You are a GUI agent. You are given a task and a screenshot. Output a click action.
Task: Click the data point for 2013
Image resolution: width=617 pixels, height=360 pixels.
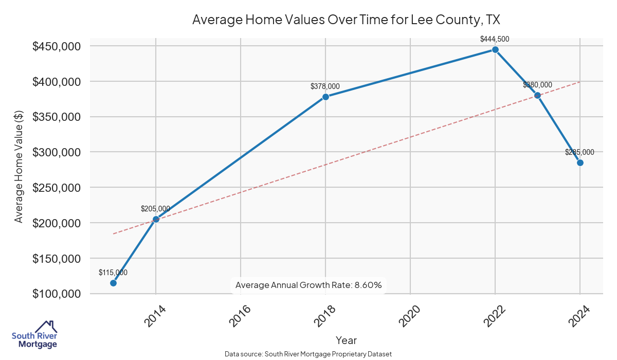point(113,283)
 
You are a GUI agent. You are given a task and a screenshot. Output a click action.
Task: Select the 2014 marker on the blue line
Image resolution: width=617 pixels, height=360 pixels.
point(156,219)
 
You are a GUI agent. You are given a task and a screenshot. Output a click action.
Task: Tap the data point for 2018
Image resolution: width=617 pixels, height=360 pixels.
point(325,97)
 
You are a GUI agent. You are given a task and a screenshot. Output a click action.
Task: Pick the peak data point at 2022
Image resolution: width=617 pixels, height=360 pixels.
point(495,49)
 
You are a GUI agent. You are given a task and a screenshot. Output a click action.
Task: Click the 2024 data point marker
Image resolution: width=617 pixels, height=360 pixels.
point(580,163)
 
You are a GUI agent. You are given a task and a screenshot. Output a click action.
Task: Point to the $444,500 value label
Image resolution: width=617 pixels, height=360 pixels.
point(495,39)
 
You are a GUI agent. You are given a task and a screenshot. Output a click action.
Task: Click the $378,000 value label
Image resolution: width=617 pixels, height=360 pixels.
point(325,86)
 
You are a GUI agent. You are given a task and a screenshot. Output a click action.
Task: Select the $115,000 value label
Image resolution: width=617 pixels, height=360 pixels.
point(113,273)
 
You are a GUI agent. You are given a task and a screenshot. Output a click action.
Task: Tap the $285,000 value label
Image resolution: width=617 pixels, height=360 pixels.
point(579,152)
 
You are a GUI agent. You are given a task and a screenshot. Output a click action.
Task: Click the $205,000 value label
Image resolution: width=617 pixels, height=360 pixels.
point(155,209)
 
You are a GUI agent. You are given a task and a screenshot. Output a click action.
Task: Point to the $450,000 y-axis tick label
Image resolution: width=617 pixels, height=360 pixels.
point(57,46)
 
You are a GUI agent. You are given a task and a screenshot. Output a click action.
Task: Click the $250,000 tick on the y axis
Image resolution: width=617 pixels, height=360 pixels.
point(57,188)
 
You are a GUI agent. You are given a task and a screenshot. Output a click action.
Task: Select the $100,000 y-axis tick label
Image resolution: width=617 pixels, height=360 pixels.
point(57,294)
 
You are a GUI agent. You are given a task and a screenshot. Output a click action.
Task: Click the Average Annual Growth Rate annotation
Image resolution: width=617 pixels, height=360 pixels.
point(308,285)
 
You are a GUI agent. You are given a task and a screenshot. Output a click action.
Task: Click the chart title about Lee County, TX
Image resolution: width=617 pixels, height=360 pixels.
point(346,20)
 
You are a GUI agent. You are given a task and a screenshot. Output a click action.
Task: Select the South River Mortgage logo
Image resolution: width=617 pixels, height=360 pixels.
point(34,335)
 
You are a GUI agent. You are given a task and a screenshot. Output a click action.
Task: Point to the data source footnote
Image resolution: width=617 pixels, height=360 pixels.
point(308,354)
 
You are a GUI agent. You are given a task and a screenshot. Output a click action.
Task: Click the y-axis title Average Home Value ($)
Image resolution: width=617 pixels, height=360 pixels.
point(19,170)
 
